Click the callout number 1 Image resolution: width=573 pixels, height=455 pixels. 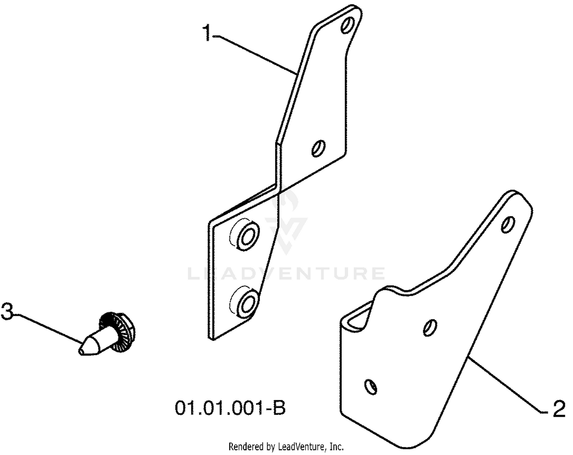(207, 33)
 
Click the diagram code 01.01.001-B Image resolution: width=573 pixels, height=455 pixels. (230, 408)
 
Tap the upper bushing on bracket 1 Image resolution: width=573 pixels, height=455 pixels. (248, 235)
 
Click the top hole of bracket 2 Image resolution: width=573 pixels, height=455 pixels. (508, 224)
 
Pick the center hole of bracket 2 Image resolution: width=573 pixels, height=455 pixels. (430, 328)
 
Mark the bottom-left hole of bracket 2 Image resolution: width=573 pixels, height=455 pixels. (371, 387)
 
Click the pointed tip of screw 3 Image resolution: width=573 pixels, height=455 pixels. (80, 351)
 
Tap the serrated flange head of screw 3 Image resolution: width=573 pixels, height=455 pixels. (117, 332)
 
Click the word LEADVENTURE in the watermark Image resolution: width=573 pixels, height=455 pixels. (286, 273)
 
